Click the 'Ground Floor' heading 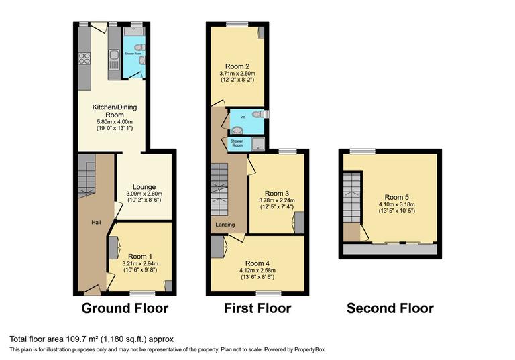tap(125, 309)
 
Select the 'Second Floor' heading tap(390, 309)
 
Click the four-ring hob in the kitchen tap(85, 58)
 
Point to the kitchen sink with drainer tap(115, 59)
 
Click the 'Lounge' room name tap(144, 187)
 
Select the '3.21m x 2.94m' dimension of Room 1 tap(141, 264)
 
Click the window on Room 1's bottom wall tap(140, 293)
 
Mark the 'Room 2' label tap(237, 66)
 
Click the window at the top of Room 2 tap(237, 25)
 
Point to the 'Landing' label tap(224, 225)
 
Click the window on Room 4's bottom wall tap(268, 293)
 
